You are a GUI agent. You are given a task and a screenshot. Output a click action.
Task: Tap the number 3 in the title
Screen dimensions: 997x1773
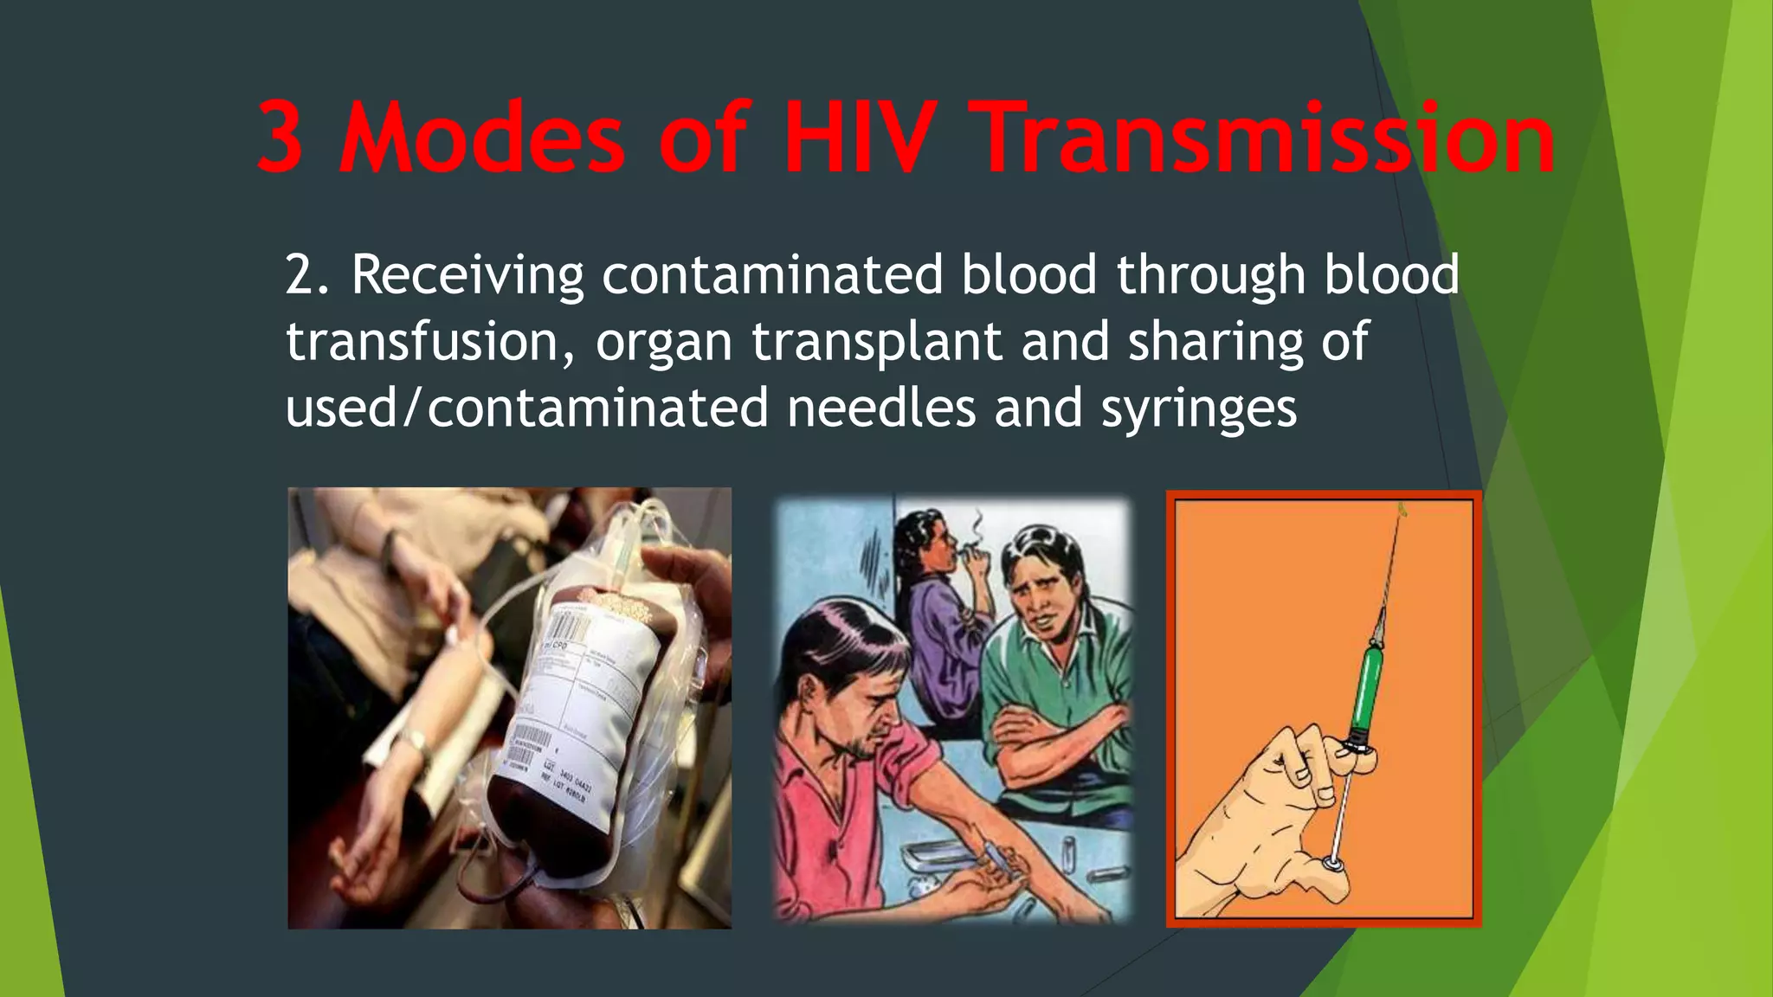[280, 138]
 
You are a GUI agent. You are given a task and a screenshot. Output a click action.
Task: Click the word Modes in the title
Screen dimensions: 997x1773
[481, 138]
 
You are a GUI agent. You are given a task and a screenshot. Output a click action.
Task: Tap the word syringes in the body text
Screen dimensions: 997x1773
[1199, 409]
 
